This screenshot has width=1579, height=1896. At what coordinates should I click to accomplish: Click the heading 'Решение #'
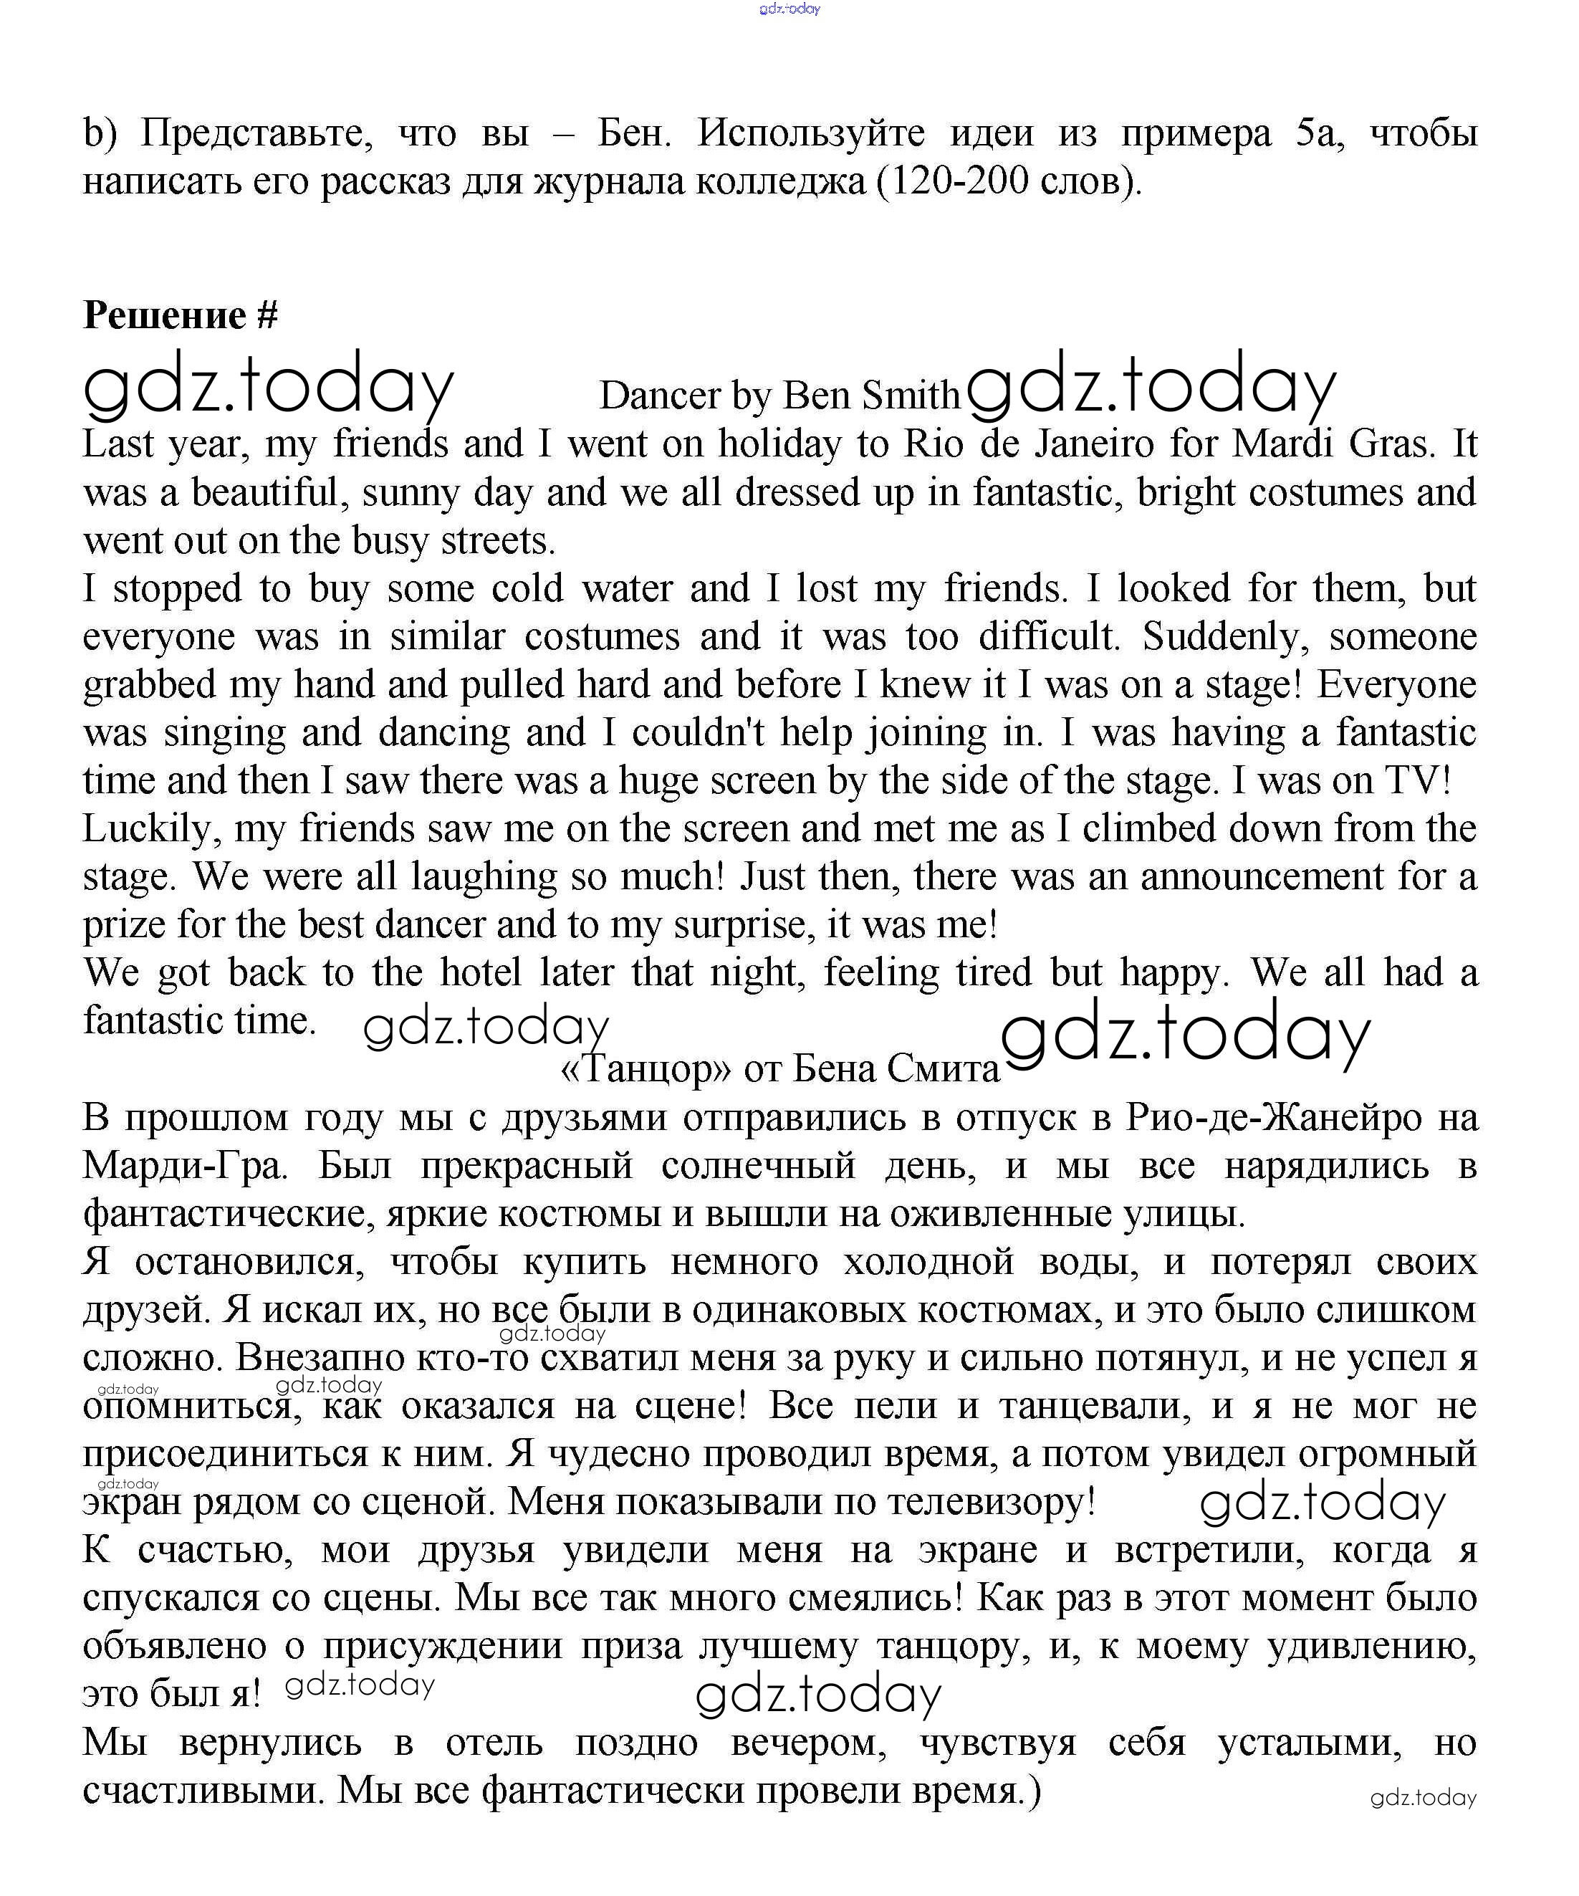click(180, 315)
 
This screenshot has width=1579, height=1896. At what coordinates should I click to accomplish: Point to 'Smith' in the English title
click(910, 396)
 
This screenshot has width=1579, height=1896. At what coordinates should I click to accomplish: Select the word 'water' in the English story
click(621, 589)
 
